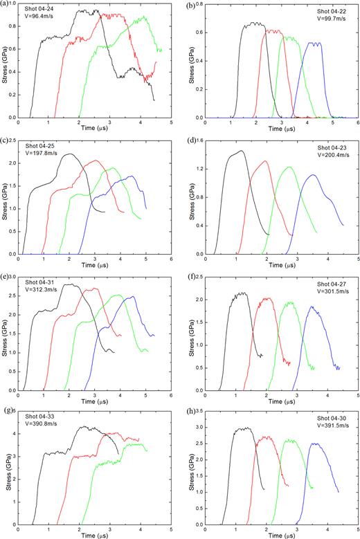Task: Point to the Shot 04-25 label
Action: pos(40,154)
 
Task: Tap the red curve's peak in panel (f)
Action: pos(267,298)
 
